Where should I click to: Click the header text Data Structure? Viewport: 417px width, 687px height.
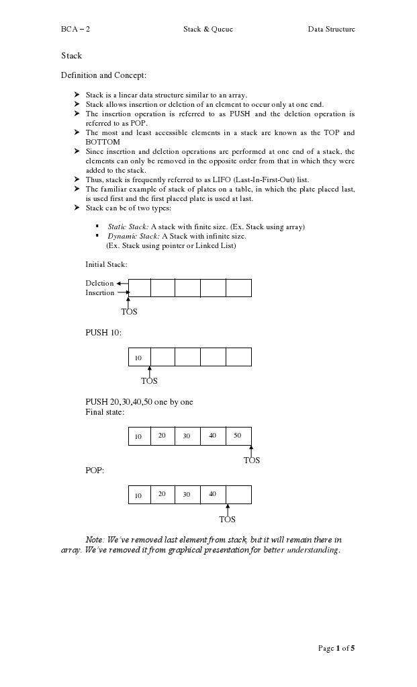pyautogui.click(x=331, y=29)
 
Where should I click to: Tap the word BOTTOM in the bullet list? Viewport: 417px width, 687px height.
pyautogui.click(x=103, y=143)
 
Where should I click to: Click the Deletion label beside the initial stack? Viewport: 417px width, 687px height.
pyautogui.click(x=99, y=283)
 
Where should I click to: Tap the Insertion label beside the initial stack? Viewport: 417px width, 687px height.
pyautogui.click(x=99, y=293)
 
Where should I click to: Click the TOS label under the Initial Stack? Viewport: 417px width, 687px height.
pyautogui.click(x=129, y=312)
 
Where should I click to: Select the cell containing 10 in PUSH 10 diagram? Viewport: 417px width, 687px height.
pyautogui.click(x=139, y=358)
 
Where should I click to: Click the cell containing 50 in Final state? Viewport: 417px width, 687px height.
pyautogui.click(x=238, y=436)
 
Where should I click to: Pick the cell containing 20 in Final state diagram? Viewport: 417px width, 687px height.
pyautogui.click(x=163, y=436)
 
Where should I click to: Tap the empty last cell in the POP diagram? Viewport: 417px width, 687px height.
pyautogui.click(x=238, y=495)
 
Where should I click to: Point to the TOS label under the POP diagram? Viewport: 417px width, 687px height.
pyautogui.click(x=227, y=520)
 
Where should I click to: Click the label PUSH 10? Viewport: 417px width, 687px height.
pyautogui.click(x=103, y=333)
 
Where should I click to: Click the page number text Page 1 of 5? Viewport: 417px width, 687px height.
pyautogui.click(x=336, y=648)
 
